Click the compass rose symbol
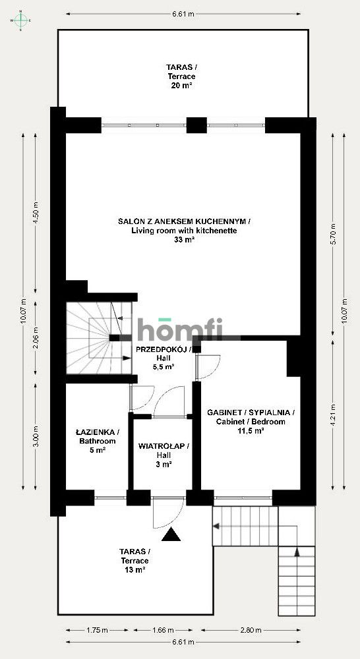pyautogui.click(x=20, y=20)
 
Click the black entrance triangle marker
pyautogui.click(x=171, y=534)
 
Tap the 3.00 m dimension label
pyautogui.click(x=36, y=437)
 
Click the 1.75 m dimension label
pyautogui.click(x=97, y=630)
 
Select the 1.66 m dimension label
pyautogui.click(x=163, y=630)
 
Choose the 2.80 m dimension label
pyautogui.click(x=250, y=630)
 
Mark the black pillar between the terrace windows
pyautogui.click(x=196, y=125)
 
